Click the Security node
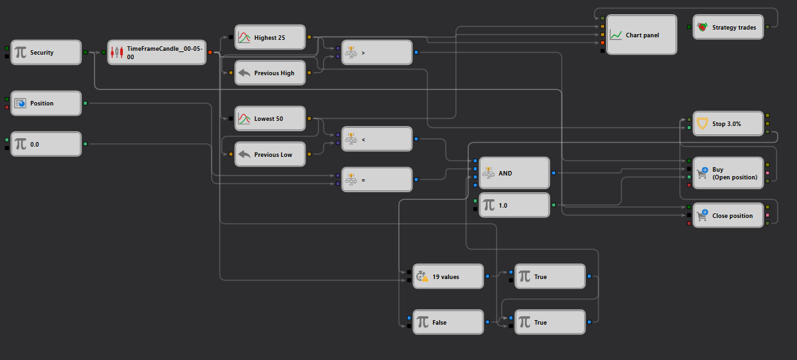click(x=46, y=52)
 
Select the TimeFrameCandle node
click(x=157, y=52)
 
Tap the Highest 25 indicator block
click(x=270, y=37)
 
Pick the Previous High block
click(x=270, y=73)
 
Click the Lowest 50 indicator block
click(x=270, y=118)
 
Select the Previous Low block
click(x=270, y=154)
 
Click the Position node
click(x=46, y=103)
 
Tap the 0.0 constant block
click(x=46, y=144)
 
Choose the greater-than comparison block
click(x=377, y=53)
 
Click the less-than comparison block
click(x=377, y=139)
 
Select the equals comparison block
click(x=377, y=179)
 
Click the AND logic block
click(x=515, y=173)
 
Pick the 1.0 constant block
click(x=515, y=205)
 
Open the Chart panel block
click(x=641, y=35)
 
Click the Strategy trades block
click(x=728, y=27)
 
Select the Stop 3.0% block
click(x=728, y=124)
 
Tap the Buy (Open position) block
click(x=728, y=173)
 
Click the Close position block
click(x=728, y=215)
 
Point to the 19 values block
click(x=448, y=276)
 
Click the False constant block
click(x=448, y=322)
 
